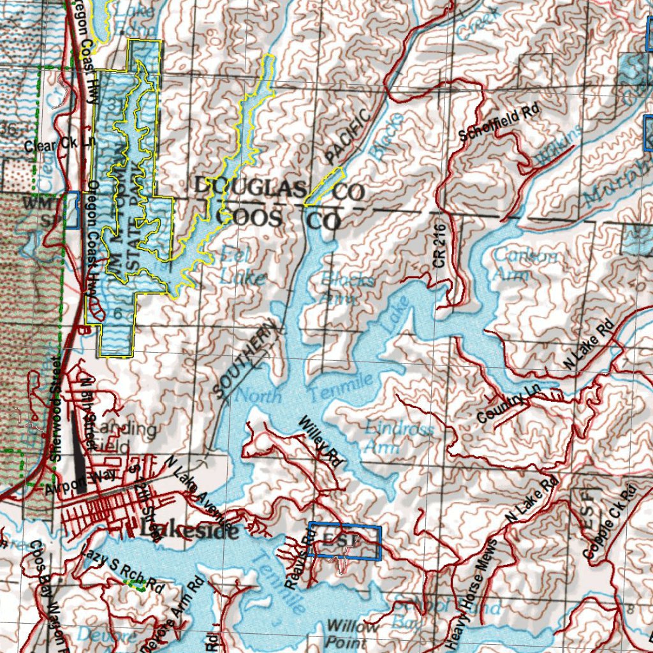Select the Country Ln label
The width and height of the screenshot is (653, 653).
[x=504, y=408]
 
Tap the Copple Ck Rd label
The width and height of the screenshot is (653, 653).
[x=610, y=523]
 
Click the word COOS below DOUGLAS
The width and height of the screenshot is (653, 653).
[x=249, y=218]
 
